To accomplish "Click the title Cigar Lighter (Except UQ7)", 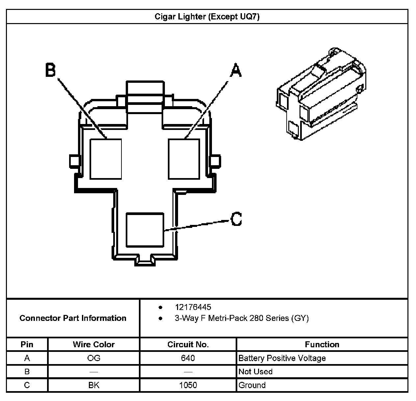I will [207, 17].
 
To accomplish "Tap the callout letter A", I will [235, 70].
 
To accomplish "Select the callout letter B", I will [50, 70].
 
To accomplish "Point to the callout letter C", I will [236, 219].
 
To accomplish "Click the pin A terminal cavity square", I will [184, 159].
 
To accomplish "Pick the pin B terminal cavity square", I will [106, 159].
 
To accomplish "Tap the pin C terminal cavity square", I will [145, 230].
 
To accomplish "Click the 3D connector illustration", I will [321, 94].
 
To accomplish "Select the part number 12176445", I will [193, 307].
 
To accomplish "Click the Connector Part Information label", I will [73, 318].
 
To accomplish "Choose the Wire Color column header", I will [94, 345].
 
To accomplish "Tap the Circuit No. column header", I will [188, 345].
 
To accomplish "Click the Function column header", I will [322, 345].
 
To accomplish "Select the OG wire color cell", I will [94, 358].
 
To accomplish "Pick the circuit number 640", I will [188, 358].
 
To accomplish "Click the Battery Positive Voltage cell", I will [282, 358].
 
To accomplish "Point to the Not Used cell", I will [255, 372].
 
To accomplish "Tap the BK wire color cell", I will [94, 385].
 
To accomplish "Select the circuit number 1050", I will [188, 385].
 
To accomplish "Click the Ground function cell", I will [252, 385].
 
